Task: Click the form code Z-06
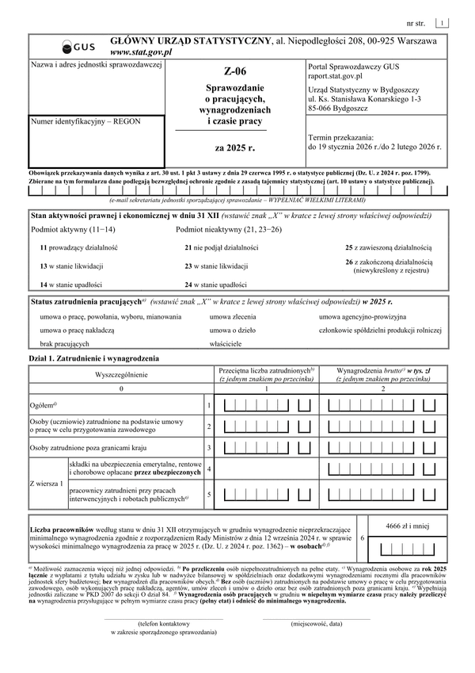point(235,71)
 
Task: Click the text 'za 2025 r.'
point(235,147)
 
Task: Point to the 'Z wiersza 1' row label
point(47,483)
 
